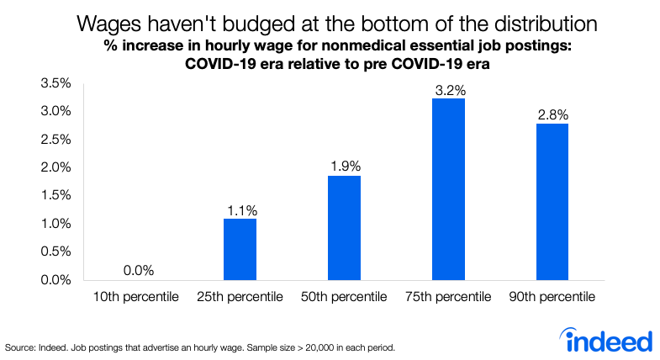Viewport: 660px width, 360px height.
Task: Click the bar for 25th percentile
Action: coord(240,249)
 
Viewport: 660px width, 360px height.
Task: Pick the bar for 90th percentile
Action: coord(552,201)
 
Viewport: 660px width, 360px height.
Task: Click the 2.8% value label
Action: coord(552,112)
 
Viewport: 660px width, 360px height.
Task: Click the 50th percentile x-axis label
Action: coord(344,297)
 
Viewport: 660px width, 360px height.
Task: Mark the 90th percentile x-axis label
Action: coord(552,297)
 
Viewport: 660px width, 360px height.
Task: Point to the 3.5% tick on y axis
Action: coord(54,83)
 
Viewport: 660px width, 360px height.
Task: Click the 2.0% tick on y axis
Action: coord(54,167)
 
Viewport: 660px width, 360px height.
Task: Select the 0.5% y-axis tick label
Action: coord(54,251)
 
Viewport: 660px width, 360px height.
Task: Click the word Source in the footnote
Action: coord(20,347)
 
